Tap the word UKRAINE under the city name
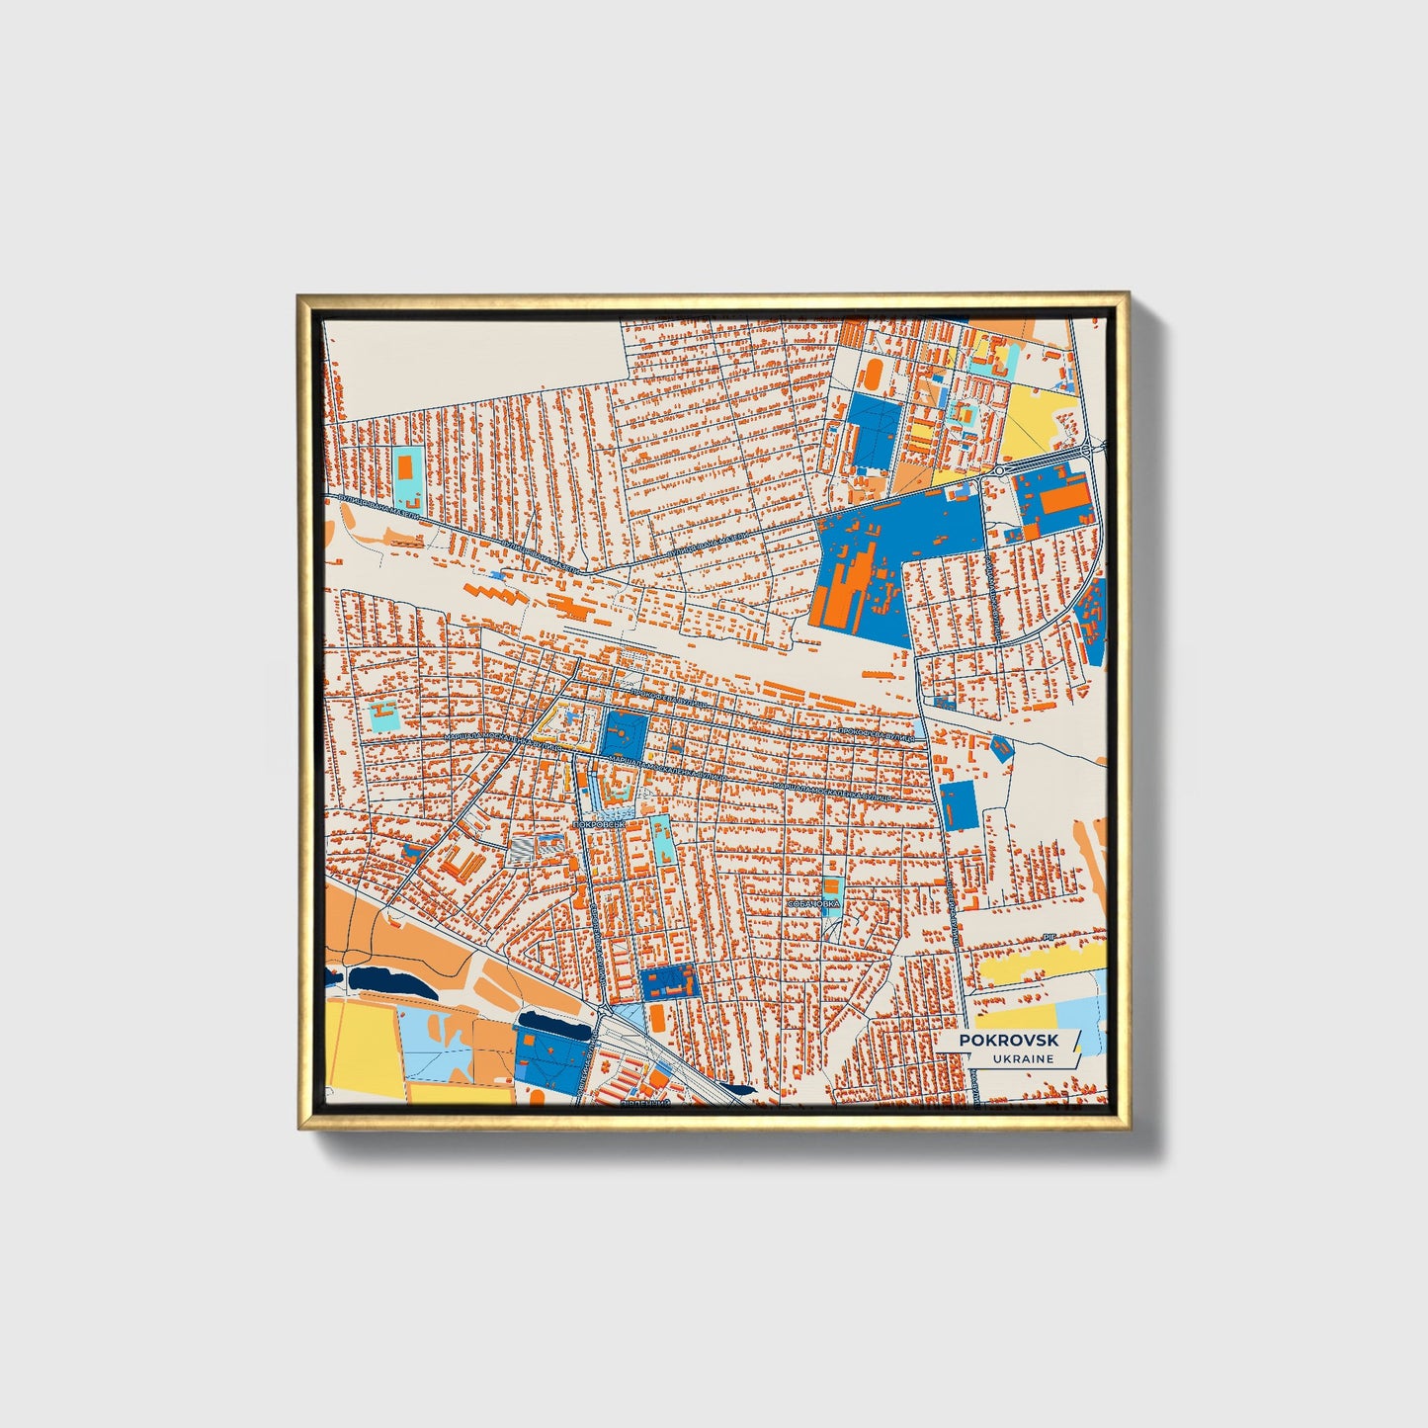(1022, 1058)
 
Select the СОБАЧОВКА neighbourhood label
(812, 903)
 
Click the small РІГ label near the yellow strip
(1050, 935)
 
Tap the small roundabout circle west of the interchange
(999, 471)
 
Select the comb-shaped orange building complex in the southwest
(461, 863)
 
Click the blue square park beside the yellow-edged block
(625, 735)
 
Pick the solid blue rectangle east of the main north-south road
(957, 804)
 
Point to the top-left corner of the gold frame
(298, 295)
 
